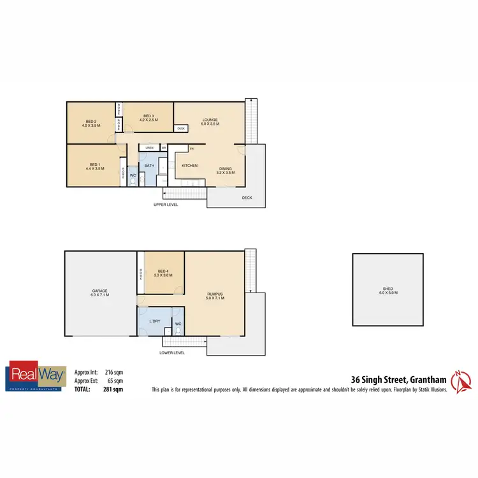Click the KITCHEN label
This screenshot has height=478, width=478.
(189, 166)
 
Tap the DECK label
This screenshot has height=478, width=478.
(247, 198)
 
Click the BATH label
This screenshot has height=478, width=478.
(149, 166)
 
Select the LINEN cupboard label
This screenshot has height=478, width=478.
(149, 148)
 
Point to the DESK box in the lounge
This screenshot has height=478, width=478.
(181, 129)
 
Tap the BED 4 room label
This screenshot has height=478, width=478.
(163, 272)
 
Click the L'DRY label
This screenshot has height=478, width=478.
(154, 321)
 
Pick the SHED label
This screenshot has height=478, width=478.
(389, 290)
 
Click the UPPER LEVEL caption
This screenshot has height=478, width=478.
(166, 205)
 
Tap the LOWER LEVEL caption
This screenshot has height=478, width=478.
(172, 352)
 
